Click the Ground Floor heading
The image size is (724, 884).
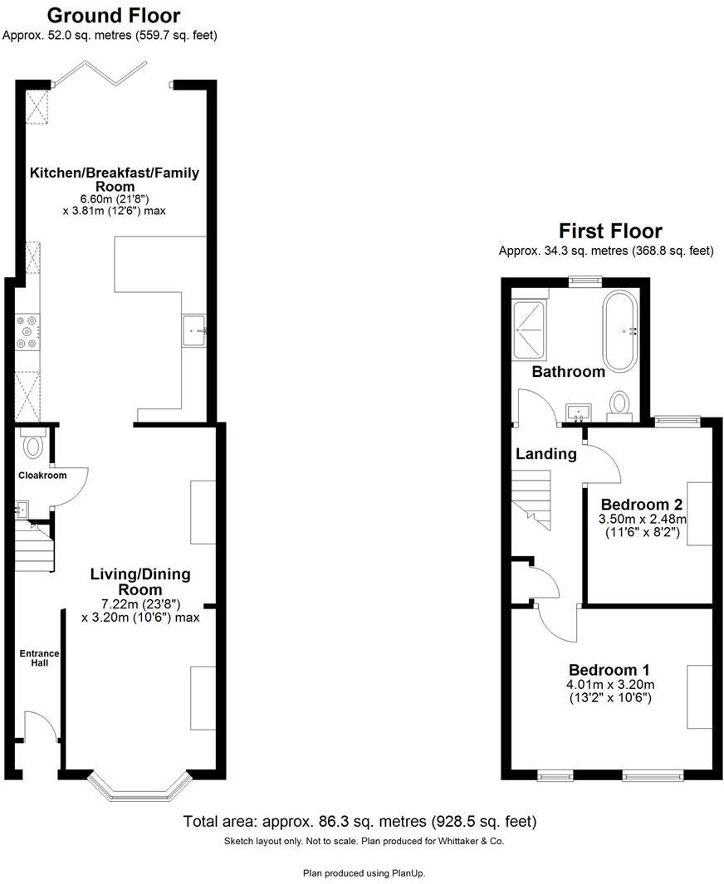click(114, 15)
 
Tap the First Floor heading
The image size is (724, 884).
click(610, 230)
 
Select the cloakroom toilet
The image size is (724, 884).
click(33, 445)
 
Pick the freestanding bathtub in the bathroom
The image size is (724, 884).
click(619, 331)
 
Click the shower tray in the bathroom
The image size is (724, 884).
click(529, 329)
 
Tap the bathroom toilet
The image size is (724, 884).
click(619, 403)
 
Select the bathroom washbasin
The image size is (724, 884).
click(578, 412)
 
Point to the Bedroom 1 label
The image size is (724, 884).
click(609, 670)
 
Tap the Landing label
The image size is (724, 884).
click(545, 454)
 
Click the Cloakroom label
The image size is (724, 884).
click(43, 476)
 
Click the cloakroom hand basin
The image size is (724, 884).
click(22, 509)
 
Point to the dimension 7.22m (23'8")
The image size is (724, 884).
click(140, 603)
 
